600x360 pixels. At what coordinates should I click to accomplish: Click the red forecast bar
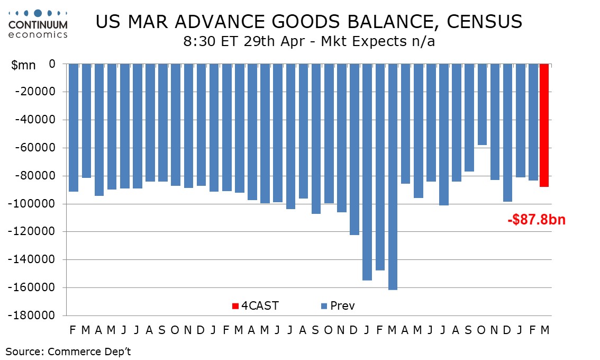[544, 125]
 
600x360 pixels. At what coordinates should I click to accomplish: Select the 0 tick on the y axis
[52, 64]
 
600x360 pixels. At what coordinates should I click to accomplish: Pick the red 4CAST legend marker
[235, 306]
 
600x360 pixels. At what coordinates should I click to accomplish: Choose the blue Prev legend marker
[324, 306]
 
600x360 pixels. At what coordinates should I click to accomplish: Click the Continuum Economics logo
[38, 24]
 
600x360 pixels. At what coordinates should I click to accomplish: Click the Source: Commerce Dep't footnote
[68, 351]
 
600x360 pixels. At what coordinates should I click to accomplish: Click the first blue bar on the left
[73, 128]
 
